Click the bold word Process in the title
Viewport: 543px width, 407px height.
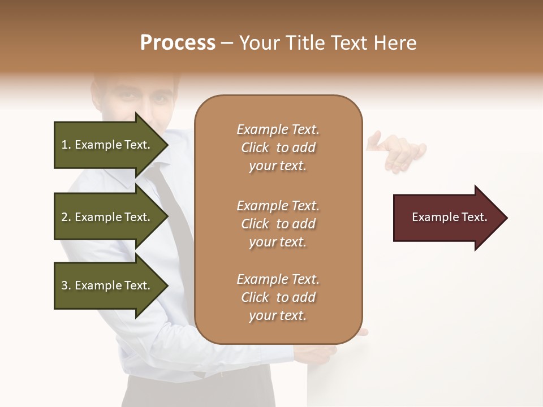(178, 43)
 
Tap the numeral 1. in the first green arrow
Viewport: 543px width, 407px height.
(66, 145)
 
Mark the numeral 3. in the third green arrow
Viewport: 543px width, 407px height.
(66, 286)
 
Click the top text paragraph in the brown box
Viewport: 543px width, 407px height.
(278, 148)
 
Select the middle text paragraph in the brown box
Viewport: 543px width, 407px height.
(278, 223)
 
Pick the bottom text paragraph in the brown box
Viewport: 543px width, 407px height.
(278, 297)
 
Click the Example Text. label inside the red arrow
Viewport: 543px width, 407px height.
(449, 217)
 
